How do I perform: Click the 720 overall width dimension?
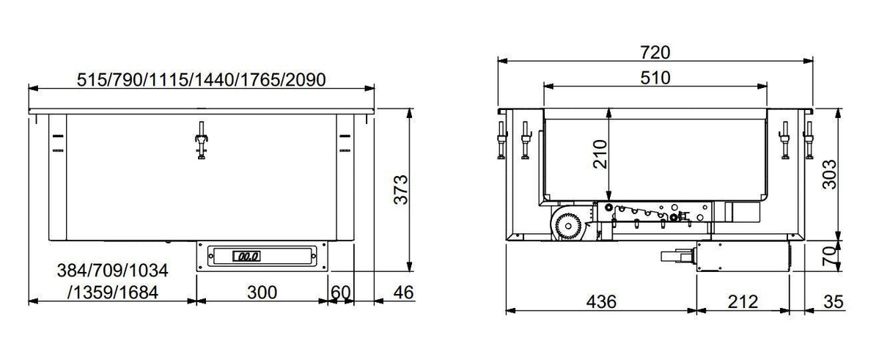[656, 52]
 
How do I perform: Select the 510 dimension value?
[655, 78]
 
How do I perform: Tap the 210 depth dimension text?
[600, 155]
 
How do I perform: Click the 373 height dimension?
[397, 189]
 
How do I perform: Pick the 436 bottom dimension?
[601, 301]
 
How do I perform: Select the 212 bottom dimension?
[743, 301]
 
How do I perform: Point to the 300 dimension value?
[262, 293]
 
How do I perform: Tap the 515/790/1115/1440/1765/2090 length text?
[201, 79]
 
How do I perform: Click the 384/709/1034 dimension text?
[113, 271]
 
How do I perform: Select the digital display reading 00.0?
[245, 256]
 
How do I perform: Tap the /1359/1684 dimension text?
[113, 293]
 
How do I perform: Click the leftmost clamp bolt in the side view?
[501, 139]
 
